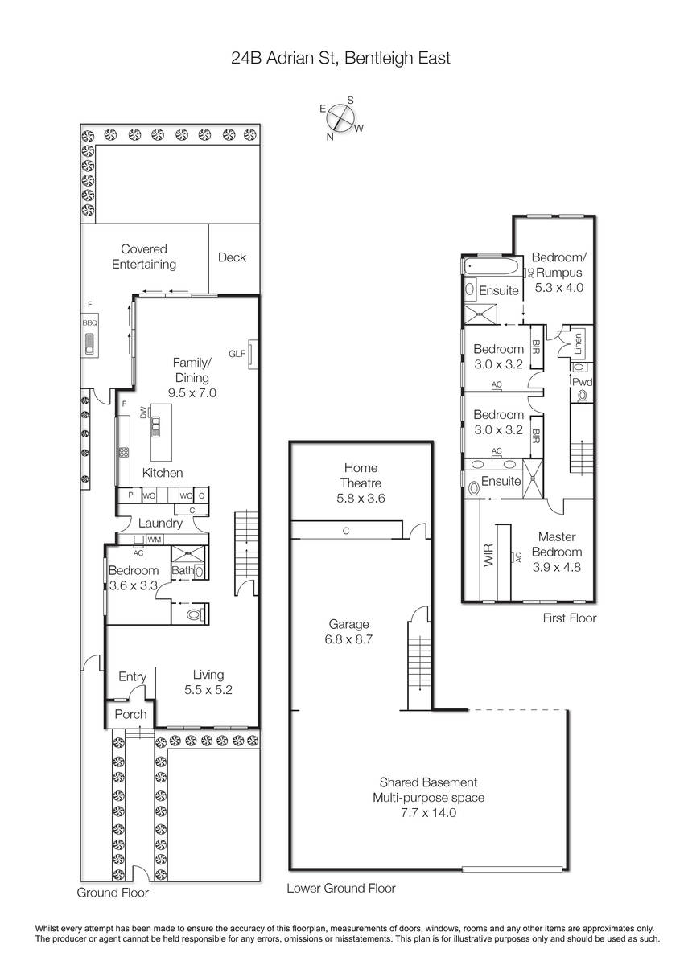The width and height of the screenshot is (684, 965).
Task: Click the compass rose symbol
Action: pyautogui.click(x=341, y=118)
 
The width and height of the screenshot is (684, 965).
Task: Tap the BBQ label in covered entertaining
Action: pyautogui.click(x=90, y=322)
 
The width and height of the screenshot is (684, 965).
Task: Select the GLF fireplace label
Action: pyautogui.click(x=237, y=354)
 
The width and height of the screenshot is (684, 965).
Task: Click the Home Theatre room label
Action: pyautogui.click(x=361, y=475)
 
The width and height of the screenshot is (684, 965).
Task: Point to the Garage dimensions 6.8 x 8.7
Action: pyautogui.click(x=348, y=639)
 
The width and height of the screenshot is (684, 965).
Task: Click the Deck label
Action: pyautogui.click(x=232, y=257)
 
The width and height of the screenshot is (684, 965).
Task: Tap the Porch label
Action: pyautogui.click(x=130, y=714)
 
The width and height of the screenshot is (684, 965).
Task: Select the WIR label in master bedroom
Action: pyautogui.click(x=488, y=556)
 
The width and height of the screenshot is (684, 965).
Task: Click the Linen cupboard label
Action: pyautogui.click(x=578, y=343)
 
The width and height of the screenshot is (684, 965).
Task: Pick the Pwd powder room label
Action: pyautogui.click(x=583, y=382)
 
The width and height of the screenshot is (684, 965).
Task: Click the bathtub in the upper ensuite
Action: pyautogui.click(x=492, y=266)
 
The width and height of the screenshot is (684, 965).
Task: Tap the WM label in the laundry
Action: pyautogui.click(x=154, y=540)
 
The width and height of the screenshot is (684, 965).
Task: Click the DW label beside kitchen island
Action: pyautogui.click(x=143, y=413)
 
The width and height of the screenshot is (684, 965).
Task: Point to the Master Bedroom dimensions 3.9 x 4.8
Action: pyautogui.click(x=557, y=567)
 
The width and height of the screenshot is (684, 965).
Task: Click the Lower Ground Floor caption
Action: pyautogui.click(x=341, y=889)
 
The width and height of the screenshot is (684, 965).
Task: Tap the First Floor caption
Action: pyautogui.click(x=570, y=618)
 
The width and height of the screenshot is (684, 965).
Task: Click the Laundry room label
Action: pyautogui.click(x=160, y=524)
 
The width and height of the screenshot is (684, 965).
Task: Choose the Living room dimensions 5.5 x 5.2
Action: pyautogui.click(x=208, y=690)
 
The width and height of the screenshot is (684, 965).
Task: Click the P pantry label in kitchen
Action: pyautogui.click(x=130, y=495)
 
